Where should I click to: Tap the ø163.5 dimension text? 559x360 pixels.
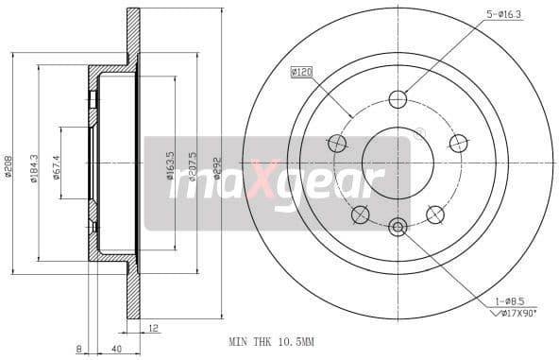170,165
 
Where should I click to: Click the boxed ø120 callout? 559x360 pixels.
302,71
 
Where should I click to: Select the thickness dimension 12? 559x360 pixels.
153,329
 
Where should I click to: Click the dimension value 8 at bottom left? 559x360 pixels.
78,349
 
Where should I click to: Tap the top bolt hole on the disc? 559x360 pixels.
398,99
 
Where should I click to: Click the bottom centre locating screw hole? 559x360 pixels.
398,226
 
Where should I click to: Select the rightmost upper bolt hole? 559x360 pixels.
458,143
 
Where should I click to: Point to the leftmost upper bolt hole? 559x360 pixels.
337,143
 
